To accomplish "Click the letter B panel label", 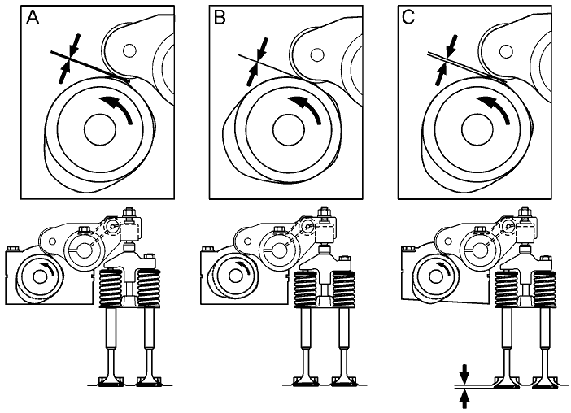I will point(220,18).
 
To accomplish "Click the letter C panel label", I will point(408,18).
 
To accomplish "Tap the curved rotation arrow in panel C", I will point(498,109).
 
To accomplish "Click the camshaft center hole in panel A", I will point(97,129).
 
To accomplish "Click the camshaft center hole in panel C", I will point(473,128).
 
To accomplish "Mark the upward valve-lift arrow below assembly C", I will point(464,398).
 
